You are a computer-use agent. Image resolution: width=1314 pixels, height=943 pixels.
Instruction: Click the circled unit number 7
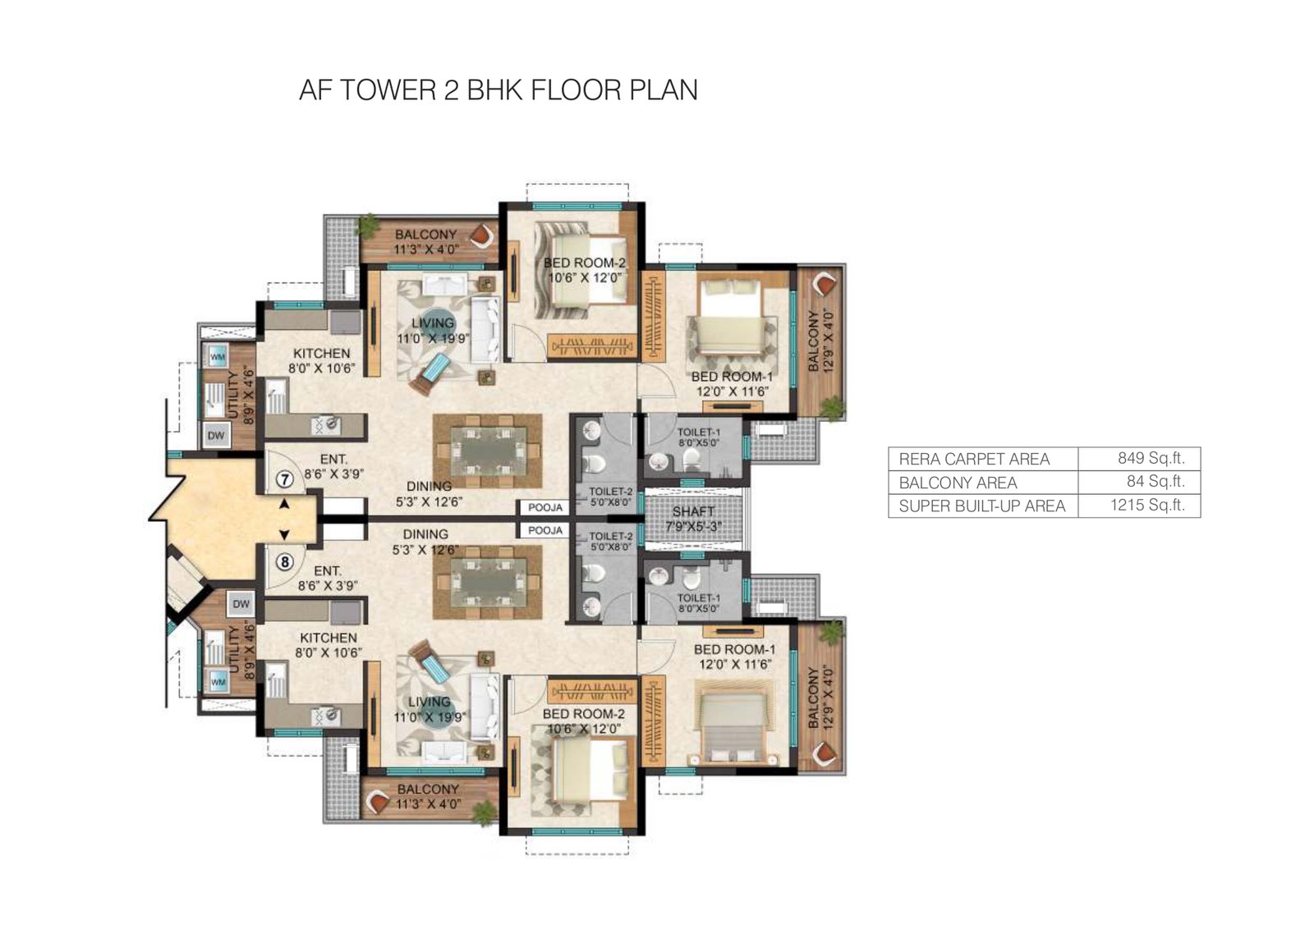285,478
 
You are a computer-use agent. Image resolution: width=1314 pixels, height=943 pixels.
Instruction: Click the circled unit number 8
285,562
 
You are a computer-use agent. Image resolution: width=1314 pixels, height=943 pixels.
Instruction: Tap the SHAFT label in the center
693,511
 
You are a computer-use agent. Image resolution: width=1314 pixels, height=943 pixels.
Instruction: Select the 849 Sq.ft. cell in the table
1151,458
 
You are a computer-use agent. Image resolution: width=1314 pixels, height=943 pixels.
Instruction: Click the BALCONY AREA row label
958,483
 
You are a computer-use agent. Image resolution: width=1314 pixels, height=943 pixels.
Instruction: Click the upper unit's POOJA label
545,508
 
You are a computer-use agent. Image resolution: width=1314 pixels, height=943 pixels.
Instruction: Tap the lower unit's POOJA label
545,531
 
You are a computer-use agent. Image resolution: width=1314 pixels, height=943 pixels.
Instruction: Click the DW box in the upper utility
216,436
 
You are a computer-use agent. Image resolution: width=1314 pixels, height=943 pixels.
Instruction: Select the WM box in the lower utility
218,682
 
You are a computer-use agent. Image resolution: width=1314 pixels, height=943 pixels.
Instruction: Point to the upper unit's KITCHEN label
322,353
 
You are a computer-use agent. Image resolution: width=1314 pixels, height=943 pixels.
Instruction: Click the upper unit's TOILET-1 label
699,433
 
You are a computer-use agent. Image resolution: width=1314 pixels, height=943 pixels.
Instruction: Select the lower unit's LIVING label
430,702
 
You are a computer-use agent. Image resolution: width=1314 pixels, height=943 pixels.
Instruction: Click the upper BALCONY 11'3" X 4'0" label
425,235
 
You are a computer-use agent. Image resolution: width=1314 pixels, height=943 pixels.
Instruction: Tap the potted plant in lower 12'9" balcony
832,632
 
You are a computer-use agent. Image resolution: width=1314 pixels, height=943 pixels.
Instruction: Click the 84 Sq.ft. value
1155,481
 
